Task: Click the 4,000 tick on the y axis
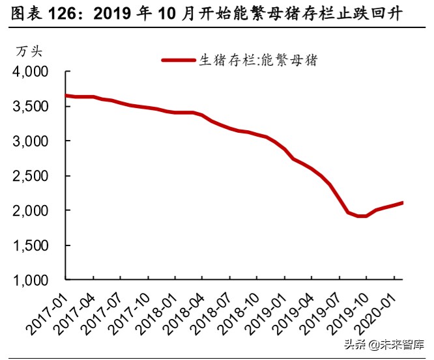tap(31, 72)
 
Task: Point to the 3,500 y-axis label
tap(31, 106)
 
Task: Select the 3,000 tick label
tap(31, 141)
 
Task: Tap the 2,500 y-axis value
tap(31, 176)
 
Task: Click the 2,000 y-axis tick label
tap(31, 211)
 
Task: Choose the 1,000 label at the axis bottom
tap(31, 281)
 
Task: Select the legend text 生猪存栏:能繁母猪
tap(257, 61)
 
